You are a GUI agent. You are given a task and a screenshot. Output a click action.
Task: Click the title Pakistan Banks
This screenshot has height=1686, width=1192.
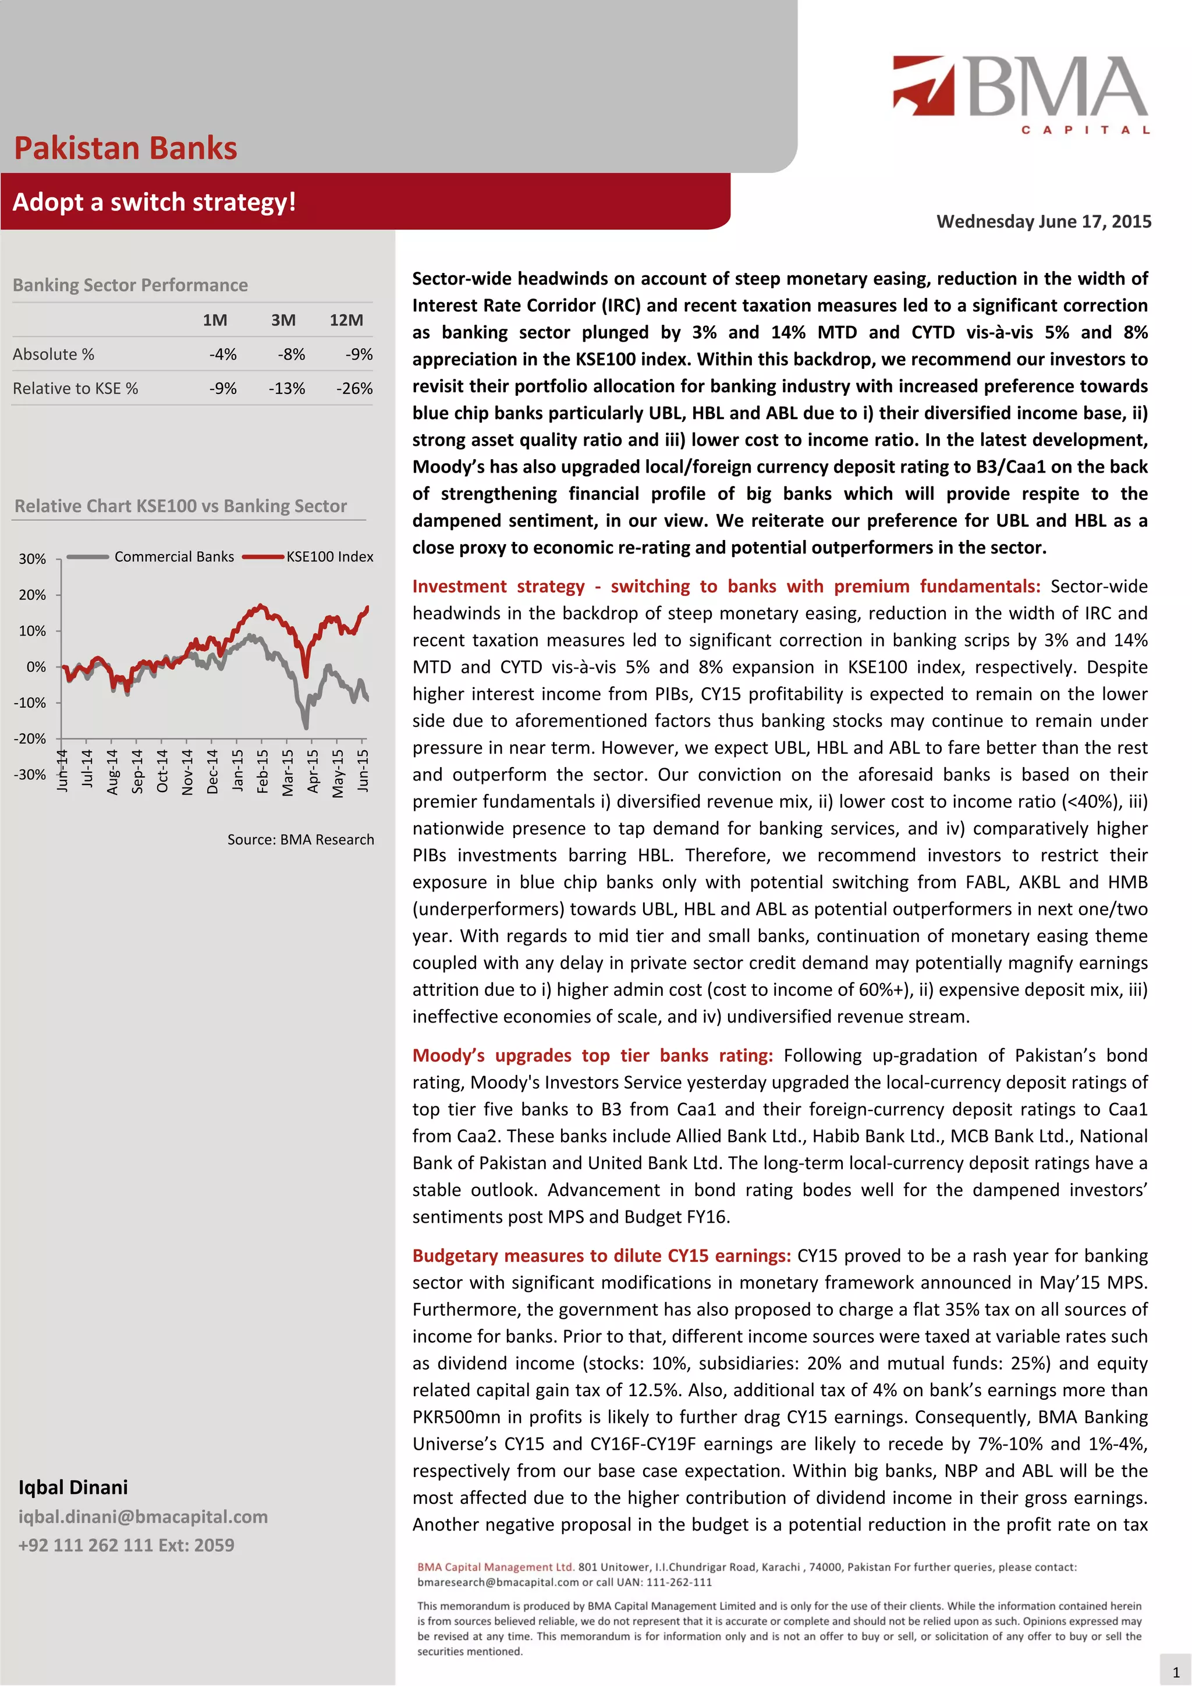(126, 148)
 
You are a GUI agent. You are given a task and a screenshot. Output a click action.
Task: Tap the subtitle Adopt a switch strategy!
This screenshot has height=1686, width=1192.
(154, 202)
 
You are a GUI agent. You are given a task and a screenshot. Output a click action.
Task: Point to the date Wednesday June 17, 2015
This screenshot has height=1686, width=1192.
(1043, 222)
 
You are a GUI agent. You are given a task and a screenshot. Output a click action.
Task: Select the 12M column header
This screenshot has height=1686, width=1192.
(346, 320)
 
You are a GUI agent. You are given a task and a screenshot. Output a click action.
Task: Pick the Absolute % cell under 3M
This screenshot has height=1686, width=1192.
(291, 354)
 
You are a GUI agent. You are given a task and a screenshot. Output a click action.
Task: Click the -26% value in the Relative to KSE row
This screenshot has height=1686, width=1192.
(354, 388)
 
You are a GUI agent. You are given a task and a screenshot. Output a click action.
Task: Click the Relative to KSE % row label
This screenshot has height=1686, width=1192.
(75, 388)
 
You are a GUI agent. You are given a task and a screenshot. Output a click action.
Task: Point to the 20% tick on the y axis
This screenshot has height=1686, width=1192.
(33, 595)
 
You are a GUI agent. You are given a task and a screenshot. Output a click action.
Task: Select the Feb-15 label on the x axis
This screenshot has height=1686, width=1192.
(262, 771)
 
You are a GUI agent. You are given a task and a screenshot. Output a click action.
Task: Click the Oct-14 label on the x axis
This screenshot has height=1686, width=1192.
(162, 771)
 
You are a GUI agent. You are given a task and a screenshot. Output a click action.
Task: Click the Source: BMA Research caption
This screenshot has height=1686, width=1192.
(300, 839)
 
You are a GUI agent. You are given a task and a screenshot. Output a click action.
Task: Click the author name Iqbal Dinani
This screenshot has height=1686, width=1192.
(73, 1487)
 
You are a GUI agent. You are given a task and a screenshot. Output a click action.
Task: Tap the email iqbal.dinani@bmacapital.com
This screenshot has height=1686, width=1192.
(143, 1517)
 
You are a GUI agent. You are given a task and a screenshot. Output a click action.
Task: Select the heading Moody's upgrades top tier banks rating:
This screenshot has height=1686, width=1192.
(592, 1055)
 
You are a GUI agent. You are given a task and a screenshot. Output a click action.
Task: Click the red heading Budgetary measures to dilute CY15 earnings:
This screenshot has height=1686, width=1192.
(601, 1256)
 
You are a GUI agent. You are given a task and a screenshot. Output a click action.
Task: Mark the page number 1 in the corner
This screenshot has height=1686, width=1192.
(1175, 1671)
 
